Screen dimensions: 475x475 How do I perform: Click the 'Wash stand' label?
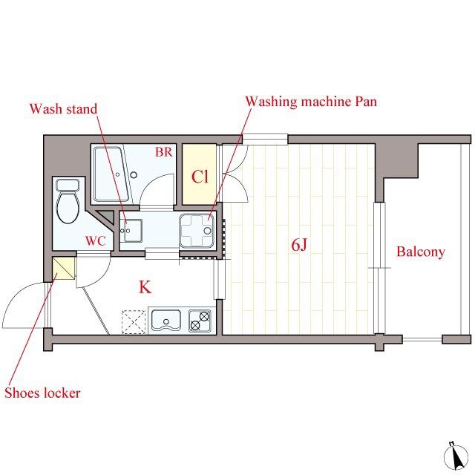(x=63, y=109)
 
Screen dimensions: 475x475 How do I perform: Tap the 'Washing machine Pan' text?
(x=311, y=101)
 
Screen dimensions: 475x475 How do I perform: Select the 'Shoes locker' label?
(x=42, y=393)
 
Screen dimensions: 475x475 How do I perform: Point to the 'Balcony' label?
(x=421, y=252)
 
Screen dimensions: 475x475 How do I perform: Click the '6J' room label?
(x=299, y=245)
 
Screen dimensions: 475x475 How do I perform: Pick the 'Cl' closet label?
(x=200, y=177)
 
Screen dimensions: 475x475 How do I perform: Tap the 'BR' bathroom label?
(x=163, y=151)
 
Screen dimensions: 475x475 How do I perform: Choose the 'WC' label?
(x=96, y=241)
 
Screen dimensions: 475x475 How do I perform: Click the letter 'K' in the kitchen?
(x=145, y=287)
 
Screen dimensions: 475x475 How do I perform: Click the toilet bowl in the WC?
(x=68, y=207)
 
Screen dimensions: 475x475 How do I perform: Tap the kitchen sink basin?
(x=166, y=320)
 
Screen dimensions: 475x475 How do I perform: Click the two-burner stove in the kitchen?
(x=200, y=321)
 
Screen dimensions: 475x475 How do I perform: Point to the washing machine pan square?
(x=197, y=231)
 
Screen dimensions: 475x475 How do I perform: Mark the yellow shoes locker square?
(x=64, y=268)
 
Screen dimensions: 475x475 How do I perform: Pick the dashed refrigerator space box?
(x=134, y=321)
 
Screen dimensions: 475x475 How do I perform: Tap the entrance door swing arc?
(x=16, y=295)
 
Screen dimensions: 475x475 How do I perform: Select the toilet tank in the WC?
(x=68, y=185)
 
